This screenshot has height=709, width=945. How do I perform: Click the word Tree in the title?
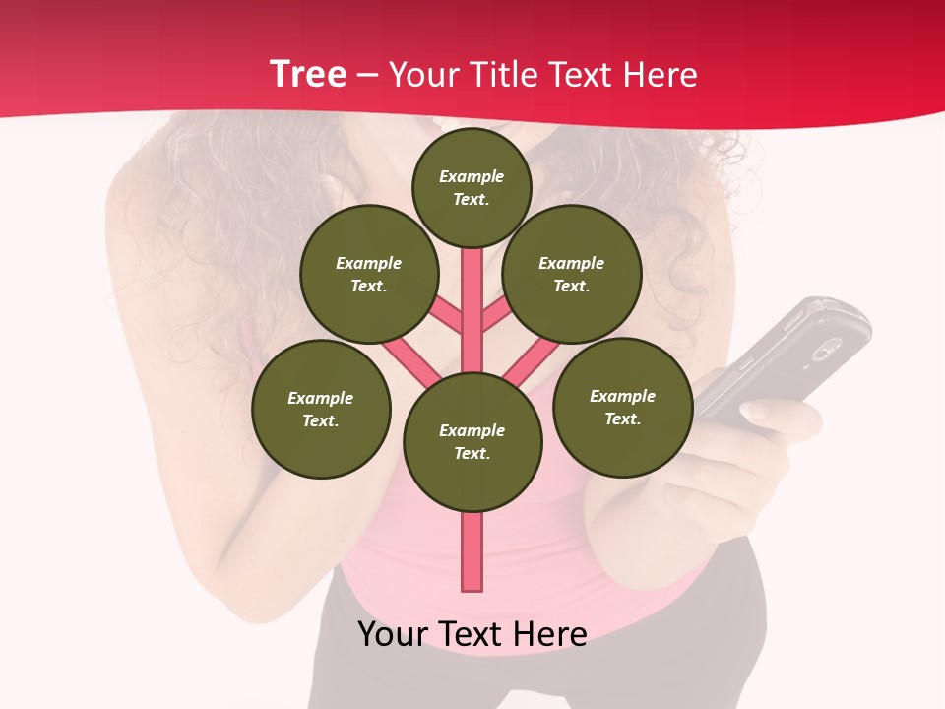pos(308,75)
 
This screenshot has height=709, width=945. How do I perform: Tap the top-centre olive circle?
pos(472,187)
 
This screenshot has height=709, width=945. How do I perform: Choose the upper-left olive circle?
pos(369,274)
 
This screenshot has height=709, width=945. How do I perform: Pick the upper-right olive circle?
pos(572,274)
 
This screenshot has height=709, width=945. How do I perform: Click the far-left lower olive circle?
pos(321,409)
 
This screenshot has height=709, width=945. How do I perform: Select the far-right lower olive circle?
pos(622,407)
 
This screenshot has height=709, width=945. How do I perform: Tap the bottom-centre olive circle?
pos(472,442)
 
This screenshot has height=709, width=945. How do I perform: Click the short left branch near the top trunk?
pos(448,316)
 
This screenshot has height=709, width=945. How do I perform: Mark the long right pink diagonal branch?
pos(532,361)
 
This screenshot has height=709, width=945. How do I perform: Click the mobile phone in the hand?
pos(787,359)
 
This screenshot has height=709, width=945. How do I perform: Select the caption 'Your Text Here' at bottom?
pos(472,634)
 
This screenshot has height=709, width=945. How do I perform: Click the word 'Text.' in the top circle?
pos(472,199)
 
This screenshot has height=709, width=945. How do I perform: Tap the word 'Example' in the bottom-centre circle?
pos(472,430)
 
